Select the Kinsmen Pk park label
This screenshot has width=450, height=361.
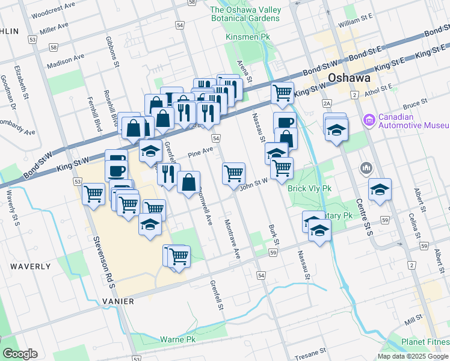pyautogui.click(x=248, y=37)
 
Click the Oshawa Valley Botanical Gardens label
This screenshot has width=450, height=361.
pyautogui.click(x=245, y=14)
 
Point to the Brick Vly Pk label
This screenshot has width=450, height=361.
pyautogui.click(x=310, y=188)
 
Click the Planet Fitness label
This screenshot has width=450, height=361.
pyautogui.click(x=425, y=342)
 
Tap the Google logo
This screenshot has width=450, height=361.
pyautogui.click(x=20, y=354)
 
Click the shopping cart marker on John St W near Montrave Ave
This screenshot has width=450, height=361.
pyautogui.click(x=233, y=173)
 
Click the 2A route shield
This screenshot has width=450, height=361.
pyautogui.click(x=327, y=103)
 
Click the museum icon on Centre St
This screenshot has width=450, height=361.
pyautogui.click(x=366, y=167)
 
